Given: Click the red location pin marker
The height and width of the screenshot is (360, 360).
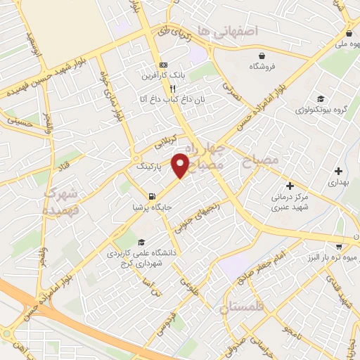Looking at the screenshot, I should click(181, 165).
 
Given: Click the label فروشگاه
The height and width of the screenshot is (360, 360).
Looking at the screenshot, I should click(262, 66).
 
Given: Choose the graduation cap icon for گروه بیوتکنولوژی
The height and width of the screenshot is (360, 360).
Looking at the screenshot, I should click(321, 98).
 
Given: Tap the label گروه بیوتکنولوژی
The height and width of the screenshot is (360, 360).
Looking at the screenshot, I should click(321, 110).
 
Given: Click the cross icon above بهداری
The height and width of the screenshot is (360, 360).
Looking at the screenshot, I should click(339, 170).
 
